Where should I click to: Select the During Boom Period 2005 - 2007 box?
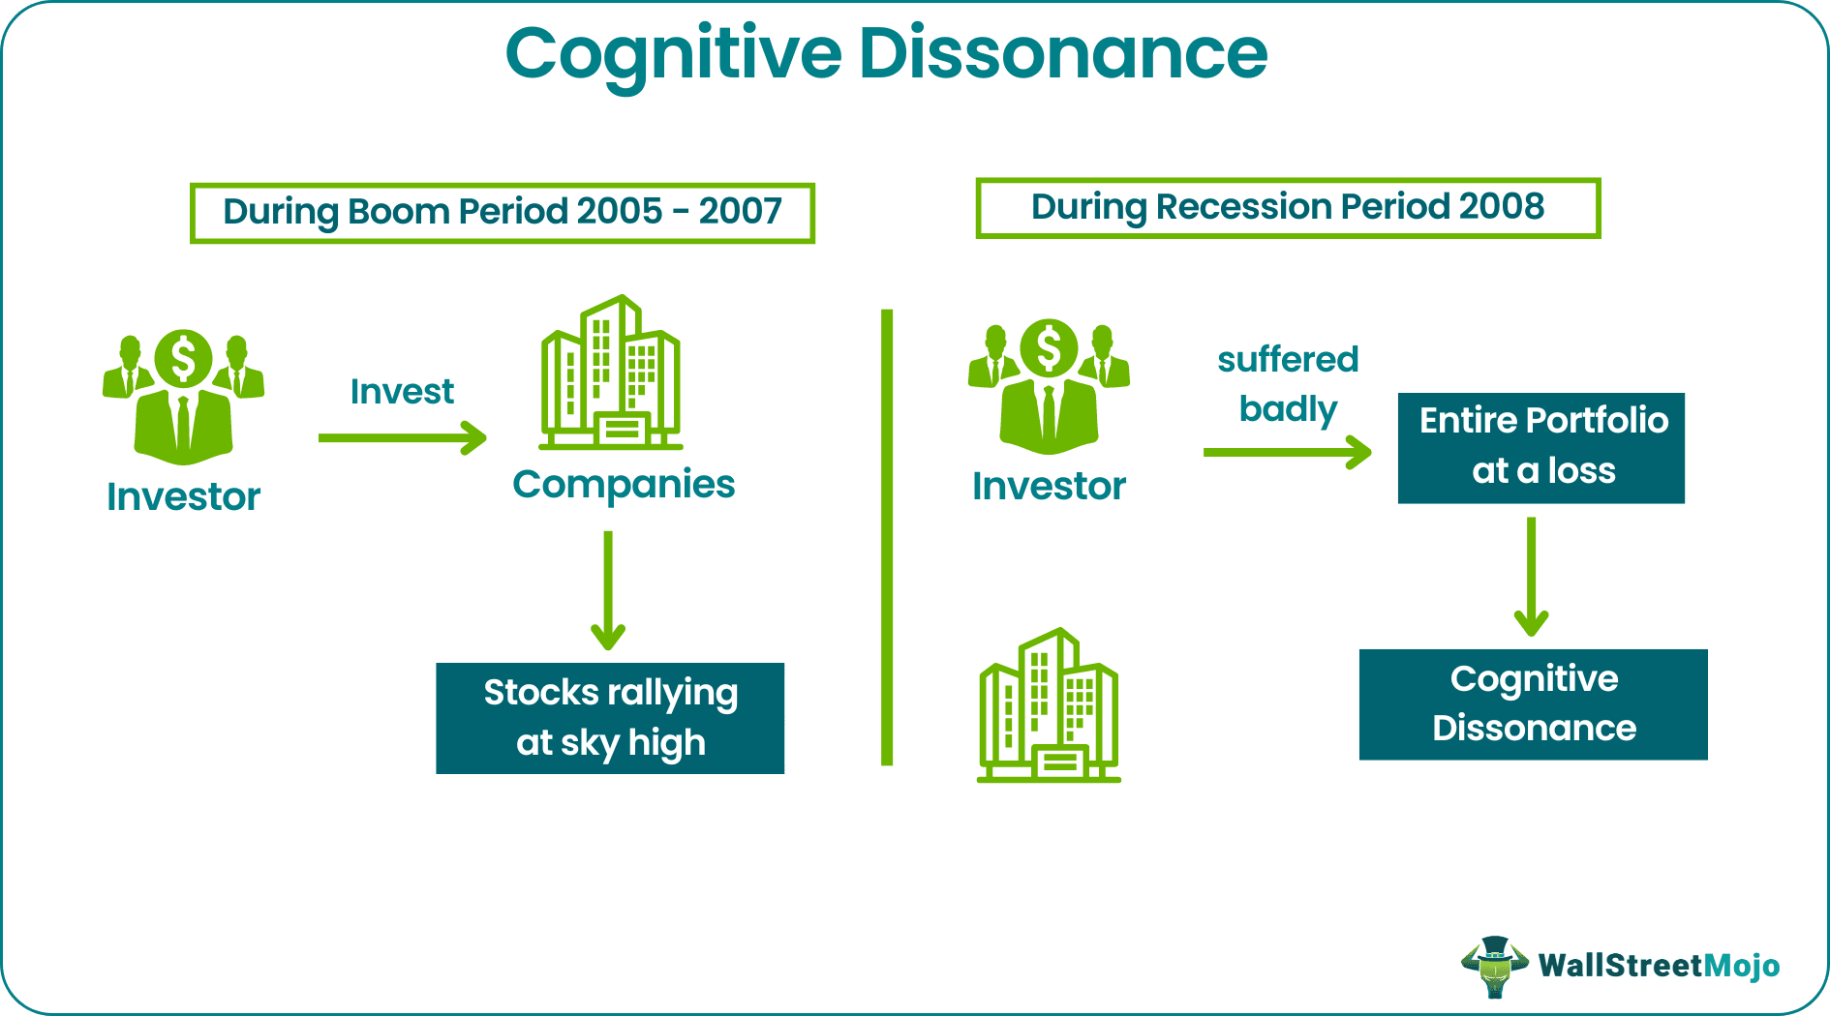[502, 212]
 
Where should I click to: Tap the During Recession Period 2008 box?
[1287, 207]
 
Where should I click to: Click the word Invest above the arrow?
[402, 392]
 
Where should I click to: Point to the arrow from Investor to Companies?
[402, 437]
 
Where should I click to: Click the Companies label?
[624, 484]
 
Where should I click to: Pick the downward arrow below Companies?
[608, 590]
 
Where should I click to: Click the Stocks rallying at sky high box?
[610, 718]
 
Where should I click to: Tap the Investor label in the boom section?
[183, 496]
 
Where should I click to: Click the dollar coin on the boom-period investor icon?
[183, 358]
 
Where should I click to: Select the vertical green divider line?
[886, 537]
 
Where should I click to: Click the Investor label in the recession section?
[1049, 486]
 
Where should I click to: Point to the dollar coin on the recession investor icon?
[1049, 347]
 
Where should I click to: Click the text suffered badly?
[1288, 384]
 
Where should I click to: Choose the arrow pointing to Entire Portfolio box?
[1288, 452]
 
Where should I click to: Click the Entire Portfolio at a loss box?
[1541, 447]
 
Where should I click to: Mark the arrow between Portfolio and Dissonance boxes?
[1531, 576]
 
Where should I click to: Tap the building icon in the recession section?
[1049, 706]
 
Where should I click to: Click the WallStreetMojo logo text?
[1658, 966]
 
